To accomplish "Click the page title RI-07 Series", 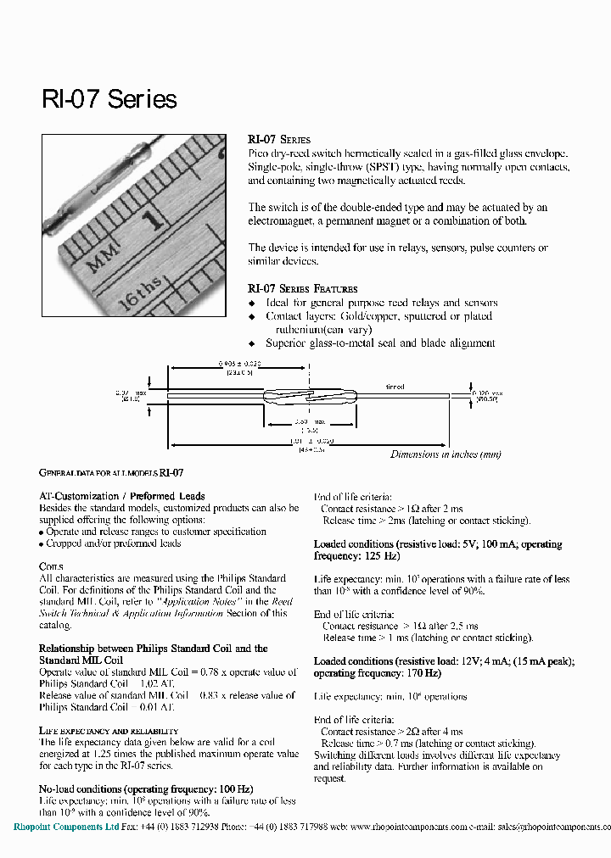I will (x=109, y=99).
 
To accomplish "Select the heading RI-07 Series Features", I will (x=302, y=288).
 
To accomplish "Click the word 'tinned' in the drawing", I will (x=395, y=387).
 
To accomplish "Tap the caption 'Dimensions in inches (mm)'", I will (x=446, y=454).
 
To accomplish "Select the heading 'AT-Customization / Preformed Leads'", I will (x=122, y=496).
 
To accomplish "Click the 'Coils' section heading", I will (x=51, y=566).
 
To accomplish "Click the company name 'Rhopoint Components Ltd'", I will (x=66, y=827).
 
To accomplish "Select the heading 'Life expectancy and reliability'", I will (x=109, y=730).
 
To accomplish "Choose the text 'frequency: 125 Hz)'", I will (x=356, y=556).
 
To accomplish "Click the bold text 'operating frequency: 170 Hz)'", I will (x=378, y=673).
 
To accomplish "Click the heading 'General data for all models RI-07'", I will (x=111, y=473).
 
